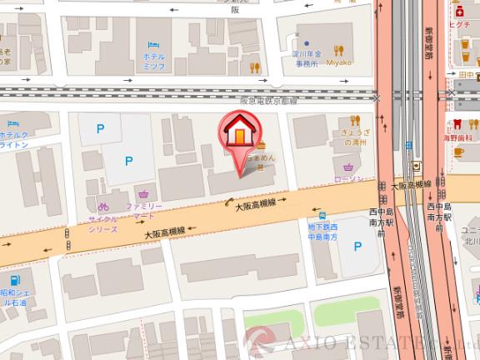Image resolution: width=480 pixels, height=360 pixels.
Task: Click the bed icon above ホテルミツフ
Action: click(x=153, y=43)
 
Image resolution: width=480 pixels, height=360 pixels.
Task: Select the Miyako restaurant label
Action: click(x=341, y=60)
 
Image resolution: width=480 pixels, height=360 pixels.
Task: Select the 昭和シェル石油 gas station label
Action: click(x=14, y=299)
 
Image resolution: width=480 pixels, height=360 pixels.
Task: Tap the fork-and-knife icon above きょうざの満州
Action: click(x=355, y=120)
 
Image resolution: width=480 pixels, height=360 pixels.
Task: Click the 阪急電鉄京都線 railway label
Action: click(x=267, y=100)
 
